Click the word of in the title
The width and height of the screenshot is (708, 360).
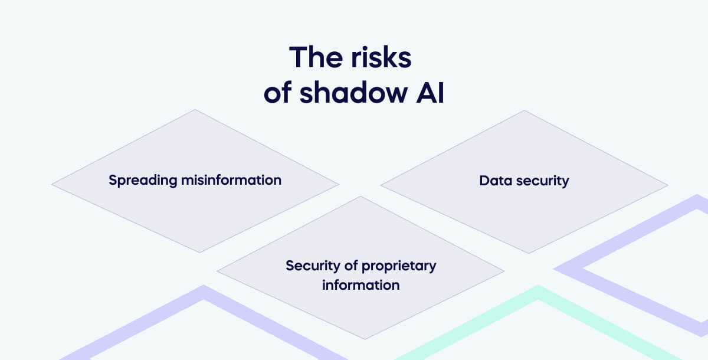[278, 94]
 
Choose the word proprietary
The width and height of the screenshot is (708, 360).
[399, 266]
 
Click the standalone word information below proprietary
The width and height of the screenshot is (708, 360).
[360, 285]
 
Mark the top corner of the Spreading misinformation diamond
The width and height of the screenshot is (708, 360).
[195, 110]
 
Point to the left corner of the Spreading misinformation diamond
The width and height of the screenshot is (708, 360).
[53, 185]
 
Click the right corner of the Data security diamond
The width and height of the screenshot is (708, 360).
[667, 185]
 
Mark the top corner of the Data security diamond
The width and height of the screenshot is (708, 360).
[524, 111]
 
